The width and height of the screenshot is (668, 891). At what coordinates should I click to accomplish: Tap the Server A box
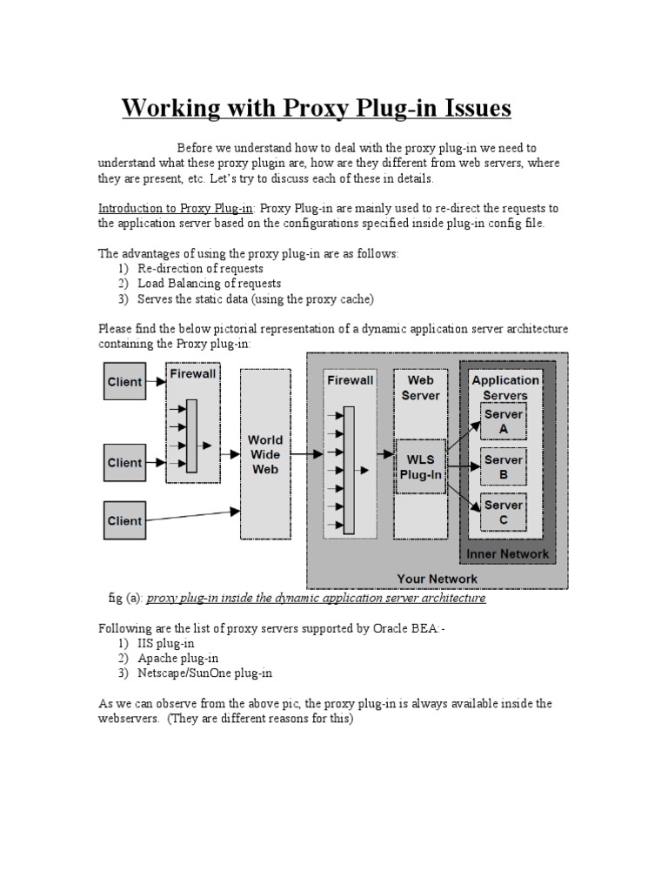pyautogui.click(x=503, y=421)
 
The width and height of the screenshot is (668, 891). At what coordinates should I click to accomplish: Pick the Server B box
pyautogui.click(x=503, y=466)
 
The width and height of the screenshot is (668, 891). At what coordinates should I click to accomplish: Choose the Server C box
pyautogui.click(x=503, y=512)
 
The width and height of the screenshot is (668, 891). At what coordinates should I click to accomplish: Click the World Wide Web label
pyautogui.click(x=265, y=453)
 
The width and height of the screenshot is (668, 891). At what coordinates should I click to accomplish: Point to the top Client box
pyautogui.click(x=124, y=381)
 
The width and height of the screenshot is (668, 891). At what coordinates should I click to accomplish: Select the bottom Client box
pyautogui.click(x=124, y=520)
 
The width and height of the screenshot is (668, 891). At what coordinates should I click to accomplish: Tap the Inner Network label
pyautogui.click(x=508, y=554)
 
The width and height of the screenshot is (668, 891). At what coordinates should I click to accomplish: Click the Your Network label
pyautogui.click(x=437, y=578)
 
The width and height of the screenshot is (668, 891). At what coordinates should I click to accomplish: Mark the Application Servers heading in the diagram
pyautogui.click(x=505, y=387)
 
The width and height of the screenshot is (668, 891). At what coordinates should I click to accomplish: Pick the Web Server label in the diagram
pyautogui.click(x=420, y=387)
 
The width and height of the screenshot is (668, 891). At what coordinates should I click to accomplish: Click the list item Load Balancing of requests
pyautogui.click(x=209, y=284)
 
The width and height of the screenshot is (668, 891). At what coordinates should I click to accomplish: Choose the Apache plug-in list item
pyautogui.click(x=178, y=658)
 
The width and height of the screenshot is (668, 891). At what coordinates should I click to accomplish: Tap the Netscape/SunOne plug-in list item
pyautogui.click(x=204, y=673)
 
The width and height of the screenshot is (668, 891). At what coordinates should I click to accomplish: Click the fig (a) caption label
pyautogui.click(x=124, y=599)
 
